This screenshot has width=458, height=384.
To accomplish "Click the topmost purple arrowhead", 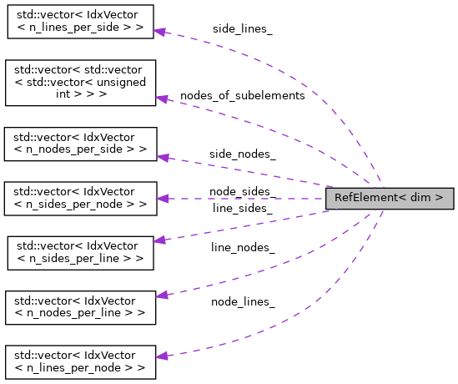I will point(159,32).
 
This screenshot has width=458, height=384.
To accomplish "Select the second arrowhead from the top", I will point(162,99).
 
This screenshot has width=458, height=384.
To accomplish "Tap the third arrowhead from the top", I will point(162,157).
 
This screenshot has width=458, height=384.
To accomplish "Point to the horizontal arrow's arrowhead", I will point(162,199).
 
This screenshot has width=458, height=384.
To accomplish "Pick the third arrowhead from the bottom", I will point(159,240).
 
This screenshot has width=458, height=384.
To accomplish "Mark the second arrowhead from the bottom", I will point(162,295).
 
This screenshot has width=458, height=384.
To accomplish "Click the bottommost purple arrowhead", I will point(161,356).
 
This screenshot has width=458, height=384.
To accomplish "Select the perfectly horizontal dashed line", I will point(250,199).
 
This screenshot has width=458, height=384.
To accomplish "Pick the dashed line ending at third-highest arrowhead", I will point(250,171).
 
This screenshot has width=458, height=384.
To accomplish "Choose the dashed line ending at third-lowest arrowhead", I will point(250,226).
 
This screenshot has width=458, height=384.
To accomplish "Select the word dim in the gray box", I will point(420,199).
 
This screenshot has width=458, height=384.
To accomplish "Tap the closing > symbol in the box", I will point(439,199).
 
